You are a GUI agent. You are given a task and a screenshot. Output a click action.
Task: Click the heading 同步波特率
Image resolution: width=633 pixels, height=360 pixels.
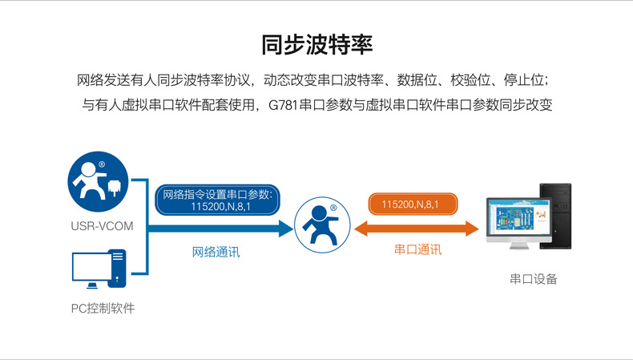pos(316,44)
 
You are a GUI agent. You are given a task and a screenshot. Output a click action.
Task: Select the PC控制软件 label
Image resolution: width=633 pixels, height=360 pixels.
pos(103,308)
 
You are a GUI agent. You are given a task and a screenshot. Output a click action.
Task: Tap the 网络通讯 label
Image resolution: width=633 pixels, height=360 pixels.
pos(216,252)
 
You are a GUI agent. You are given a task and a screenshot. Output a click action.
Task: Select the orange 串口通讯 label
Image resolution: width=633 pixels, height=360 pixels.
pos(417,249)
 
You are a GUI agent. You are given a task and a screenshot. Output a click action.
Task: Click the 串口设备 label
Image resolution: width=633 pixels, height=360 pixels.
pos(533,279)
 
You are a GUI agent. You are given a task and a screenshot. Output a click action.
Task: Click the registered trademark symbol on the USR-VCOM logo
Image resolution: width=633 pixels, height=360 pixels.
pos(102,166)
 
